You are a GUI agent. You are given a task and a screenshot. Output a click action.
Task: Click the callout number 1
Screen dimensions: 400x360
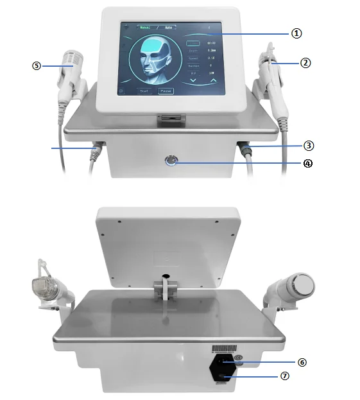(296, 33)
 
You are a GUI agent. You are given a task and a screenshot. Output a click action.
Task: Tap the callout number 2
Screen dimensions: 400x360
(305, 63)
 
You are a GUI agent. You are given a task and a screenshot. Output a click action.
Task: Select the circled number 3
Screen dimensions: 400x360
(309, 146)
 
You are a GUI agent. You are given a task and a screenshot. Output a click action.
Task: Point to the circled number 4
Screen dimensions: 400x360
(307, 163)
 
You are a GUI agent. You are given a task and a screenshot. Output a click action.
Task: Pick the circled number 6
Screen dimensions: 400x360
(302, 362)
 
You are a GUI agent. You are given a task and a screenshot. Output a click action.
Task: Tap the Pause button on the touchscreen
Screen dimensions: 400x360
(166, 91)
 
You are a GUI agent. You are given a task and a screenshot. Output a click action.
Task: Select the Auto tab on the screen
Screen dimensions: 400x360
(169, 28)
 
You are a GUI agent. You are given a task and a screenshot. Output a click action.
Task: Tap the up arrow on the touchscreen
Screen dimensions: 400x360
(213, 82)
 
